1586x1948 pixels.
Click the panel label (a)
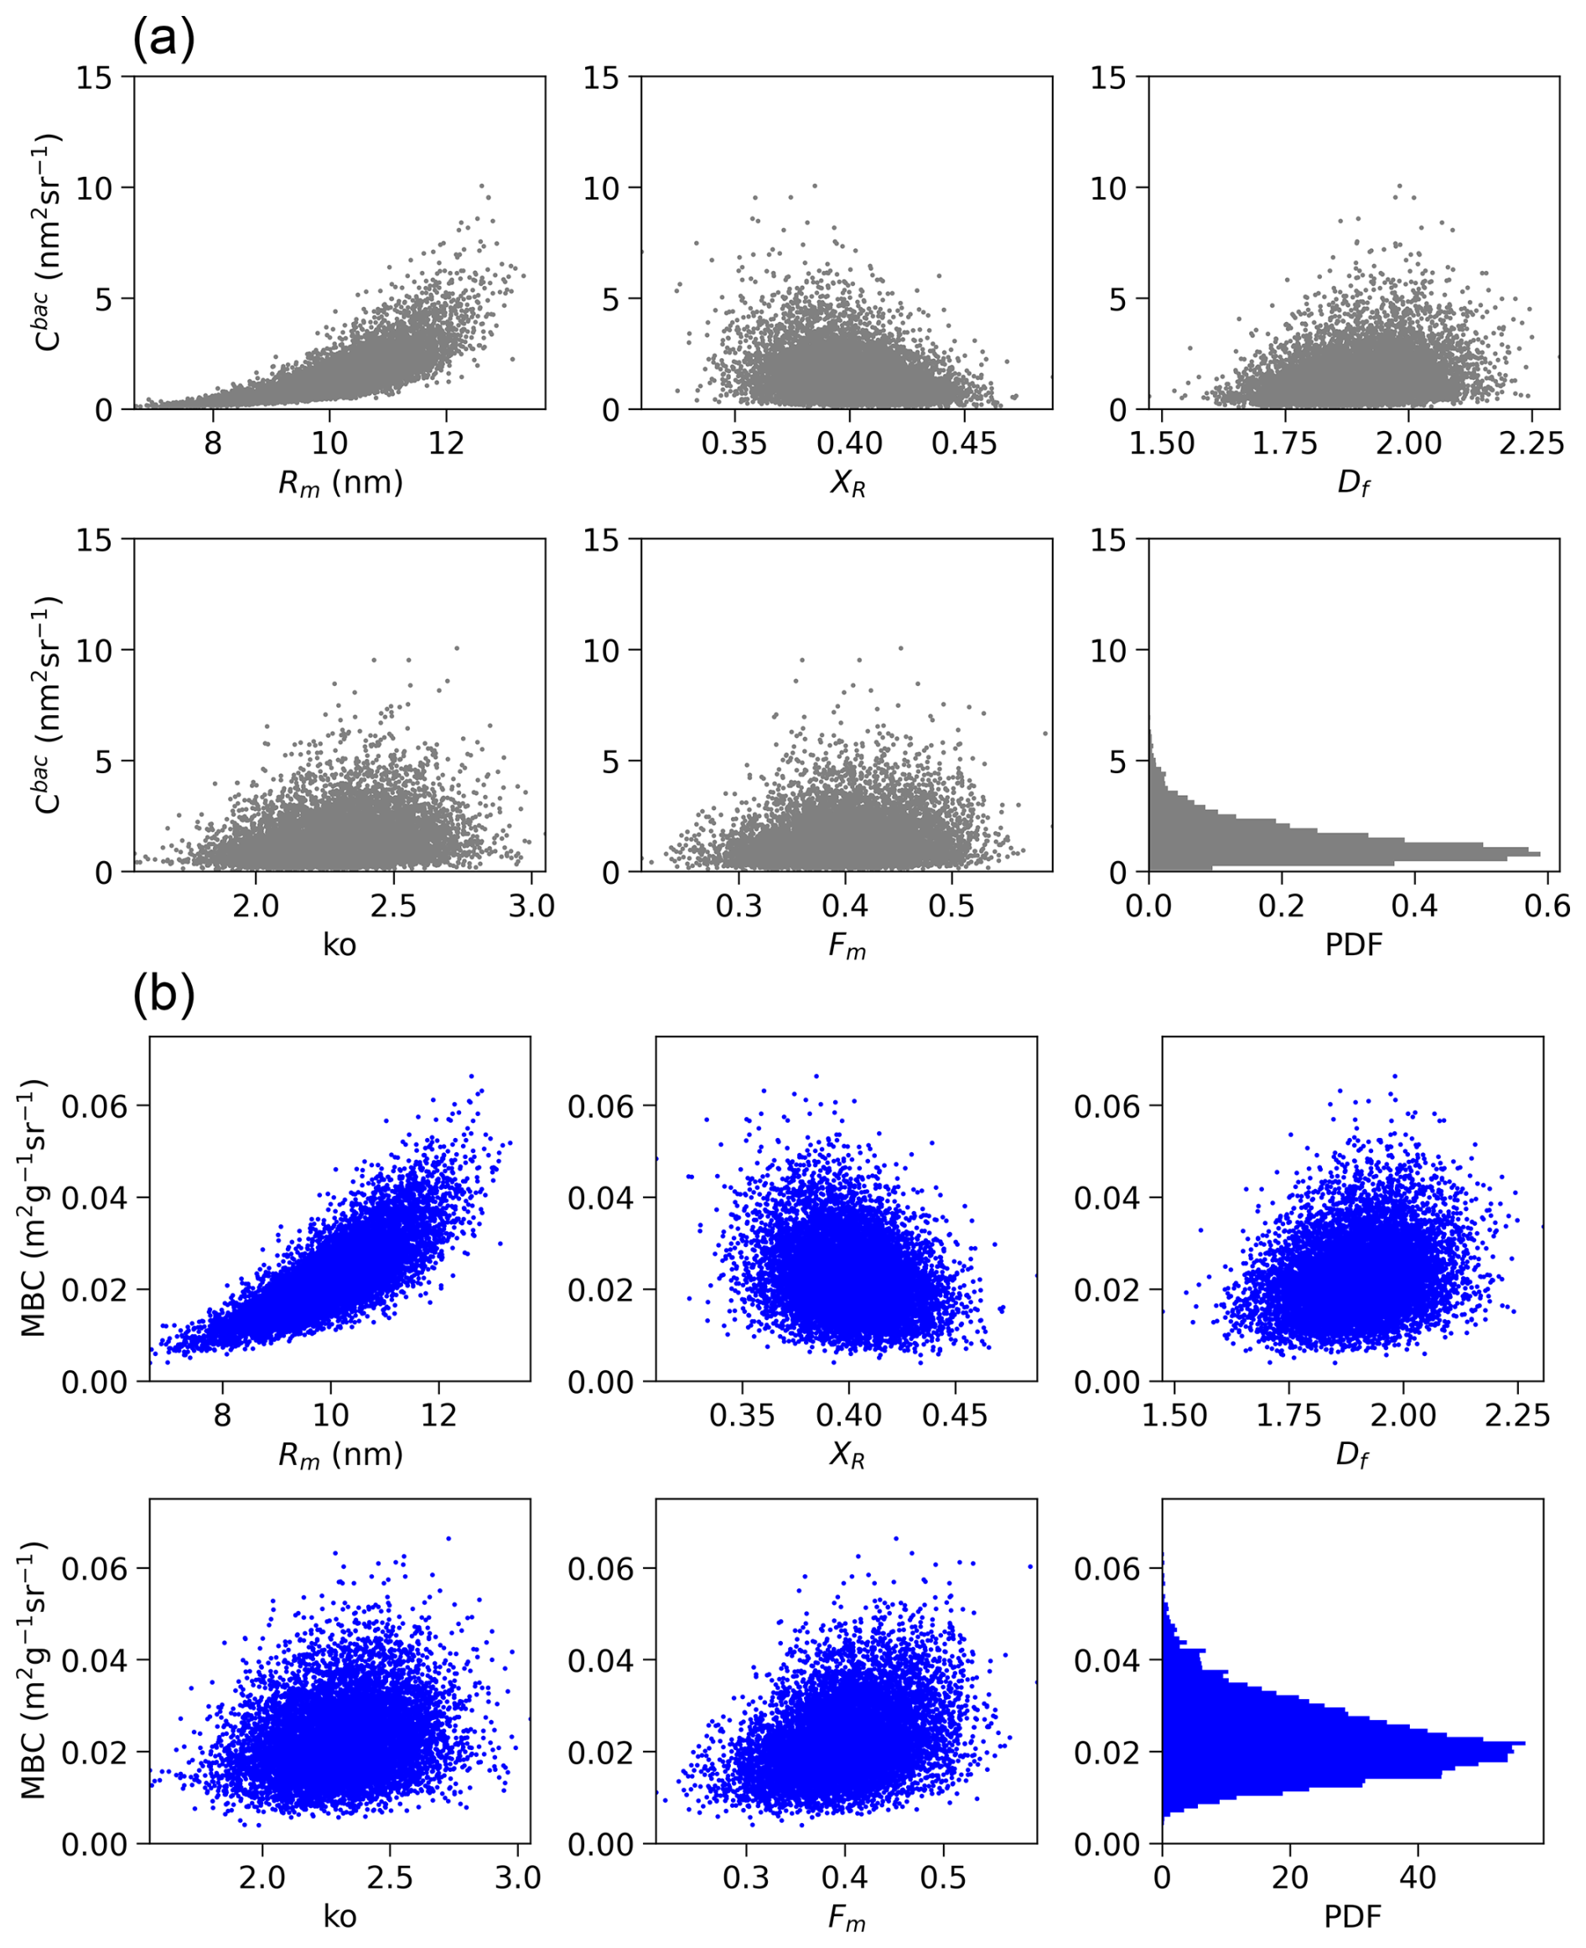point(163,40)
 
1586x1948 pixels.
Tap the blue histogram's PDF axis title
point(1352,1916)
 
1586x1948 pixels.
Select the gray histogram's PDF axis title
point(1353,944)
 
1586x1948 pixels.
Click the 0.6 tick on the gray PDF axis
point(1547,906)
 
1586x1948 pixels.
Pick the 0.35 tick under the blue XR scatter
point(742,1416)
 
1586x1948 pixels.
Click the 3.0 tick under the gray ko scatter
point(531,906)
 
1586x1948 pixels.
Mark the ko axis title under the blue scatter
point(339,1916)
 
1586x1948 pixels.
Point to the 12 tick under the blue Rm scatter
point(438,1416)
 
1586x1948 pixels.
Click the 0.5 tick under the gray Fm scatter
point(952,906)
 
